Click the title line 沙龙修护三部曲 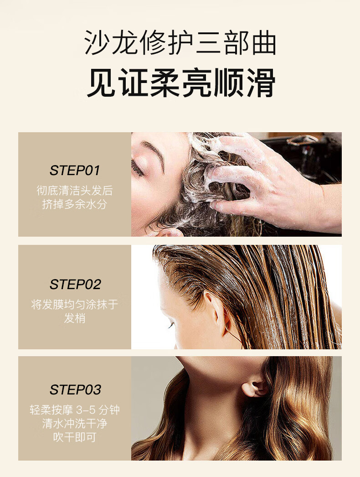(x=180, y=42)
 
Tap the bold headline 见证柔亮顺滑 (x=181, y=83)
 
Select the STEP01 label (x=75, y=171)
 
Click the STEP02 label (x=75, y=285)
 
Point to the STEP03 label (x=75, y=390)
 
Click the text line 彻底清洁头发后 (x=75, y=191)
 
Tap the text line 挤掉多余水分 (x=75, y=204)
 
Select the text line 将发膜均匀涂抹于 (x=75, y=305)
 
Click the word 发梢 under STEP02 (x=75, y=318)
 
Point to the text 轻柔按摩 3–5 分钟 (x=75, y=410)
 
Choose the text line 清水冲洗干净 (x=75, y=424)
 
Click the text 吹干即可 (x=75, y=437)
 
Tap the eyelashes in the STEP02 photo (x=171, y=326)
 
